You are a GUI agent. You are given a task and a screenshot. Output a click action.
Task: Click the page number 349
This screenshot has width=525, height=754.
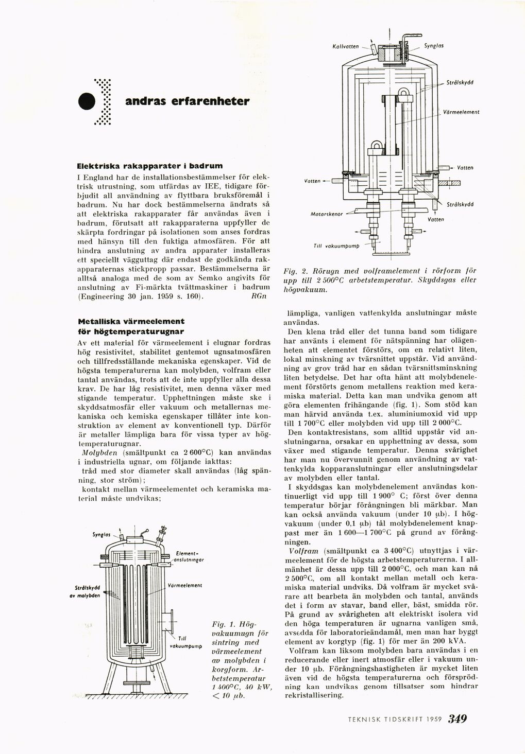tap(458, 718)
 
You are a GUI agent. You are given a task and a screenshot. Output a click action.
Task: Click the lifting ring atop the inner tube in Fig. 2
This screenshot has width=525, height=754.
tap(402, 92)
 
